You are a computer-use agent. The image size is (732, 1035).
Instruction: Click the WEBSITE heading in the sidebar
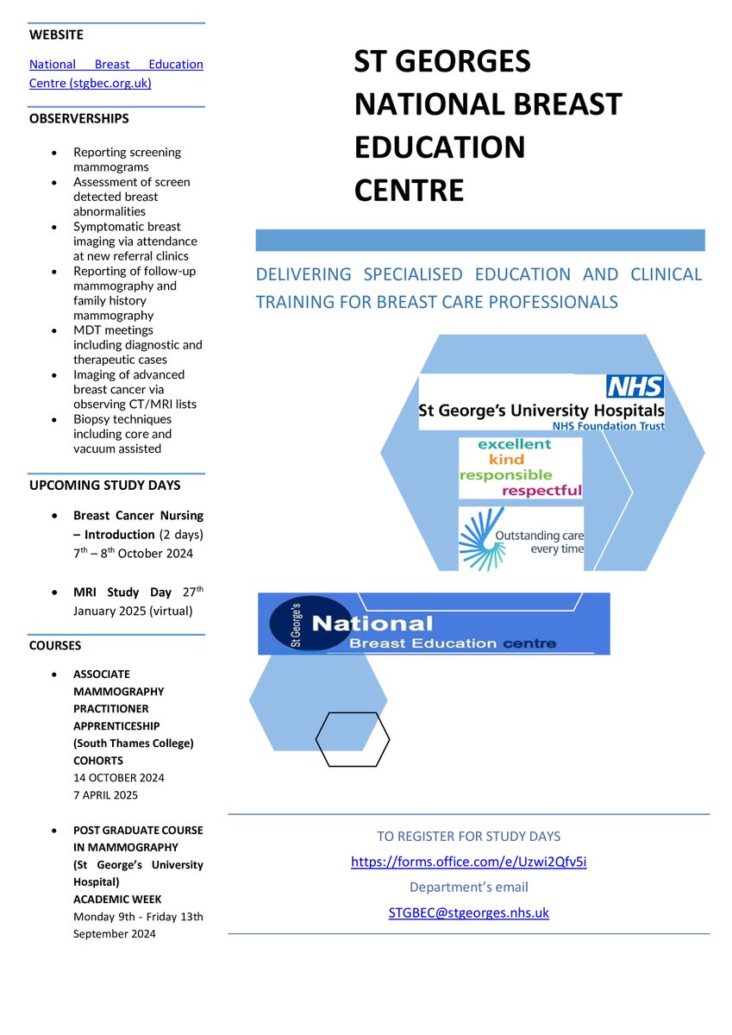[57, 35]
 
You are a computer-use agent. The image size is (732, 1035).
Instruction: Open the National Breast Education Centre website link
[116, 74]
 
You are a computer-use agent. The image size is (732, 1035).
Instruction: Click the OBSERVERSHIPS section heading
[79, 118]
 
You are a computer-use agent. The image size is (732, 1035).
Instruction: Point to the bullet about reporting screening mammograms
[127, 160]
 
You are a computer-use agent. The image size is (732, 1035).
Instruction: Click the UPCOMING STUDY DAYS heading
[103, 486]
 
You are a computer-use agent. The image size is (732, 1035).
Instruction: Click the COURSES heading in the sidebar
[55, 644]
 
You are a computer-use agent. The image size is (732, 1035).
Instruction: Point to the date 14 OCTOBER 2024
[118, 777]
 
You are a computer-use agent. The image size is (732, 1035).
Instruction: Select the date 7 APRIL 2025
[105, 794]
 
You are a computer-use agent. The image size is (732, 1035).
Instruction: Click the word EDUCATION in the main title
[440, 147]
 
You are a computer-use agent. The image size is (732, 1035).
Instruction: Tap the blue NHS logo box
[635, 386]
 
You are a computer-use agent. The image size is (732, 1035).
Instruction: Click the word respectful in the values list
[541, 491]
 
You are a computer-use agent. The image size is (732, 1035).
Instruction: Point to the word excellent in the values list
[504, 443]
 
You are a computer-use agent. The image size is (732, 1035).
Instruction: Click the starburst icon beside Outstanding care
[476, 539]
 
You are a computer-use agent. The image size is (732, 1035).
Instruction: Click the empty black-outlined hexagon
[352, 739]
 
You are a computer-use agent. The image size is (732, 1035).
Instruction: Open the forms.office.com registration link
[468, 862]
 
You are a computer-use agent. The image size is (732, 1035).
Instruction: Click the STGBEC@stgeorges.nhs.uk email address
[468, 913]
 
